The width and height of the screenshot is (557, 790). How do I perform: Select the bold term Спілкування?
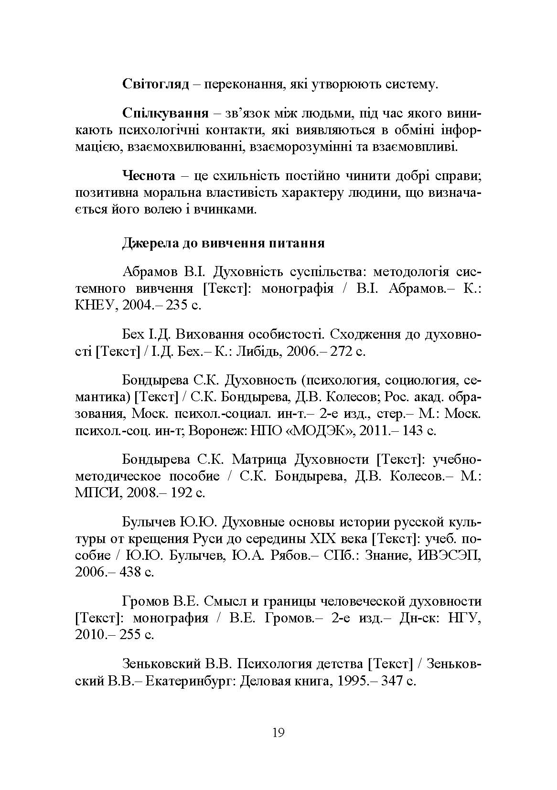[165, 114]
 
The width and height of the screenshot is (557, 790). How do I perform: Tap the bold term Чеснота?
[149, 176]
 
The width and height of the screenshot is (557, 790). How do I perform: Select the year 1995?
[353, 680]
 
